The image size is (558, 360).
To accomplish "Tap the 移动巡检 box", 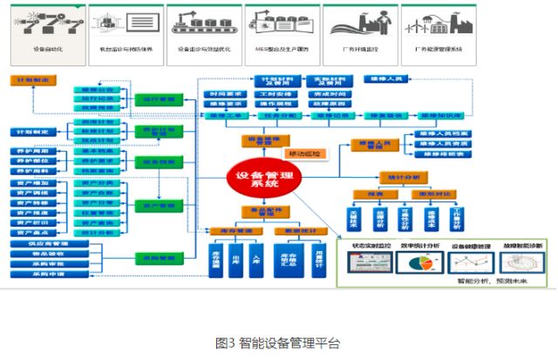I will click(304, 153).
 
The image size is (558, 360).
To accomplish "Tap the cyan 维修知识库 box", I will click(441, 115).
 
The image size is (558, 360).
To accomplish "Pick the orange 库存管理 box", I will click(229, 230).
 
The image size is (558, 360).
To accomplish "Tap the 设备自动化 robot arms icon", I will click(46, 22).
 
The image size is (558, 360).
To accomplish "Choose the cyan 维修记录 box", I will click(330, 115).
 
